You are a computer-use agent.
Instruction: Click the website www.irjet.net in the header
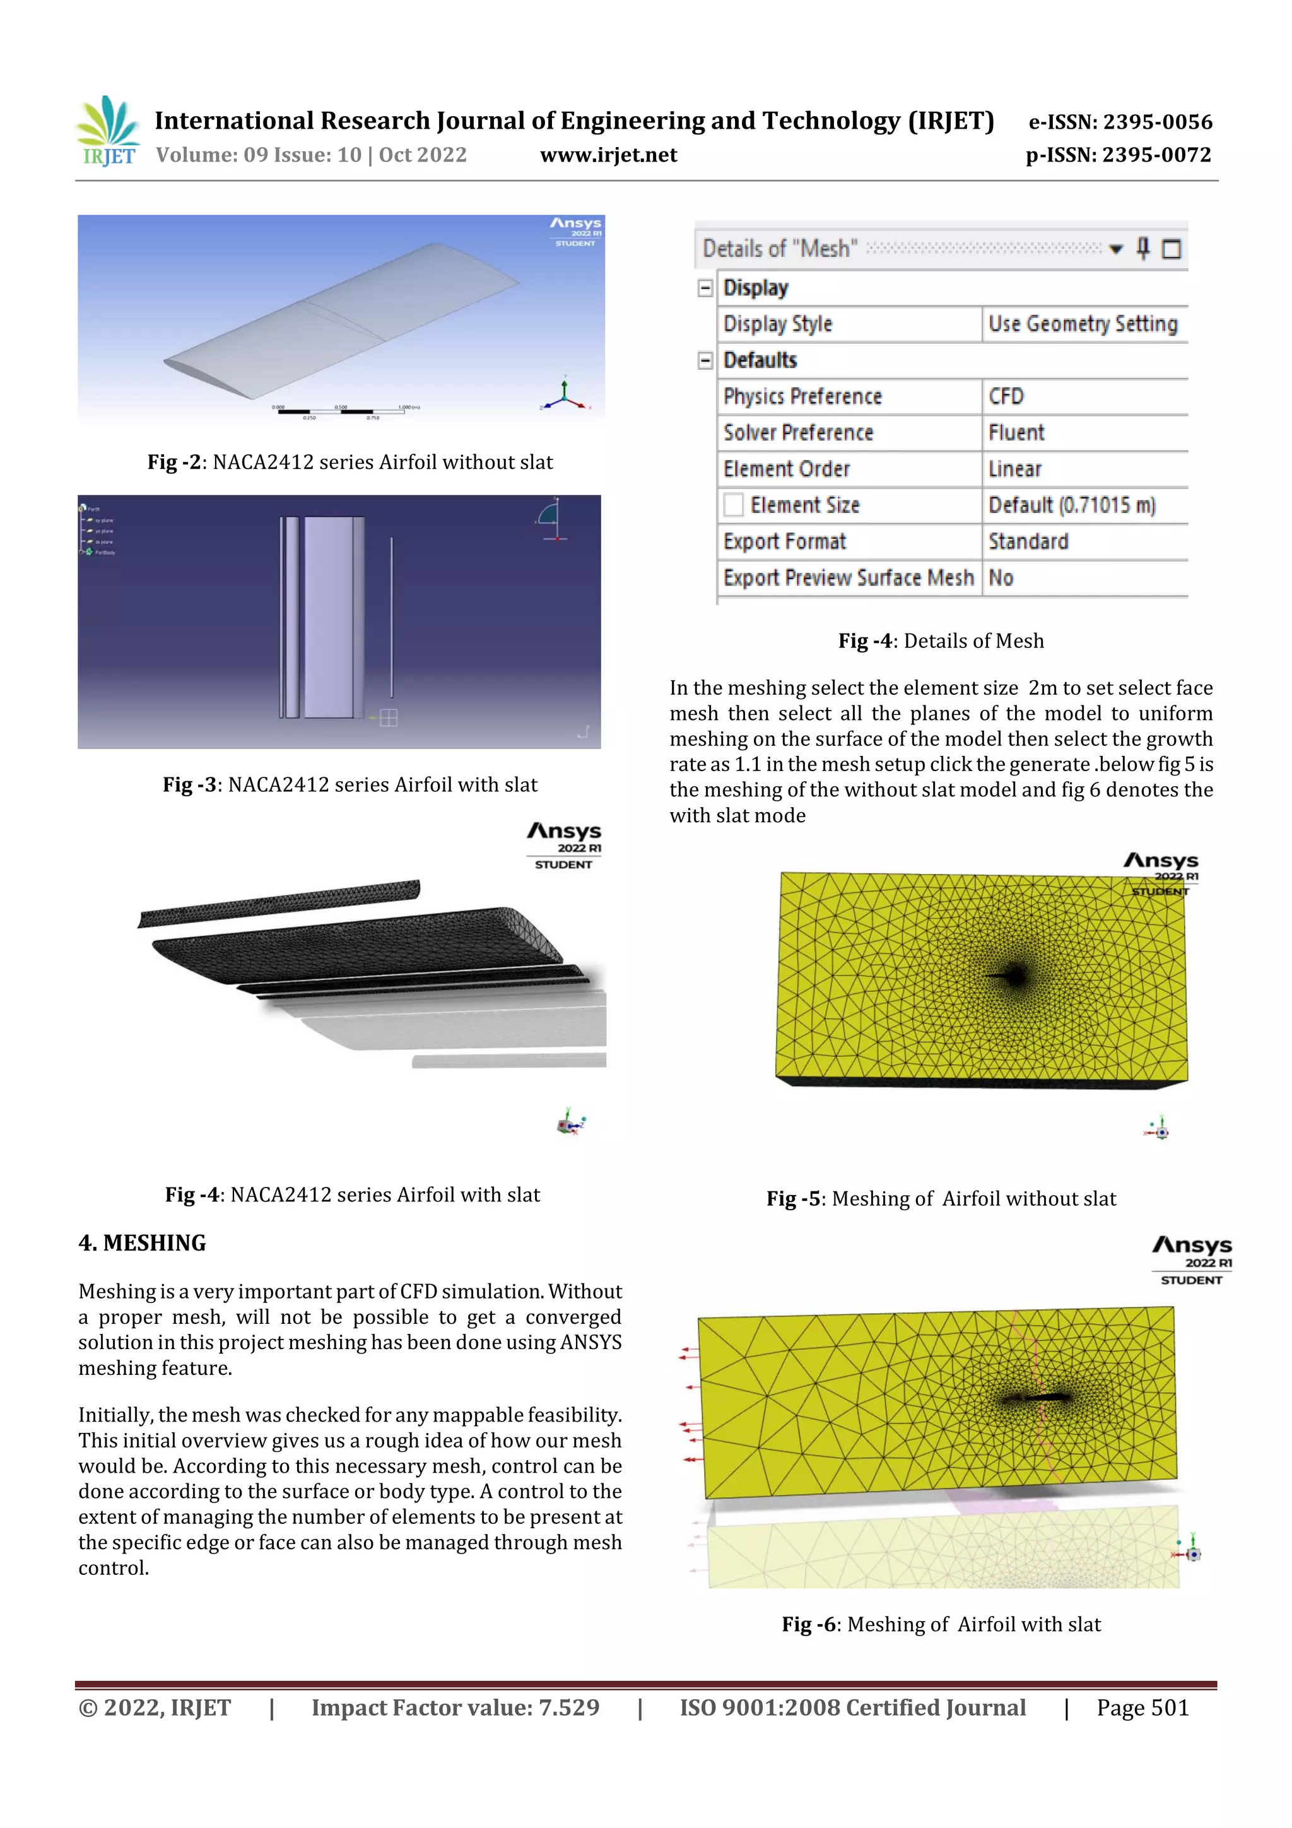click(x=608, y=155)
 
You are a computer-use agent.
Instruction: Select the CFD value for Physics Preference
click(x=1006, y=396)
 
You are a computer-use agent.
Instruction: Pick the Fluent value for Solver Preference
click(x=1016, y=433)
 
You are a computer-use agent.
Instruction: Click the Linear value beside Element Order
click(x=1015, y=469)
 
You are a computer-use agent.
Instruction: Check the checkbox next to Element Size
click(x=733, y=505)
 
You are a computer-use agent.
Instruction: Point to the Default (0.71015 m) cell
click(x=1071, y=505)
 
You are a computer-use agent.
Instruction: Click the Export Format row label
click(x=784, y=542)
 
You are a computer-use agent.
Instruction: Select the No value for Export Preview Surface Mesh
click(x=1001, y=578)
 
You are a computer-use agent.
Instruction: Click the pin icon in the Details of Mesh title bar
click(x=1143, y=249)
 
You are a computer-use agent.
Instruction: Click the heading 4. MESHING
click(x=143, y=1243)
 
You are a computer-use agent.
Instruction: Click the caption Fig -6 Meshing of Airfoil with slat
click(x=941, y=1624)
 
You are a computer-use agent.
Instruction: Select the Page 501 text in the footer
click(x=1142, y=1707)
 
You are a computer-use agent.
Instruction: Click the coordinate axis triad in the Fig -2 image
click(x=565, y=393)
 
